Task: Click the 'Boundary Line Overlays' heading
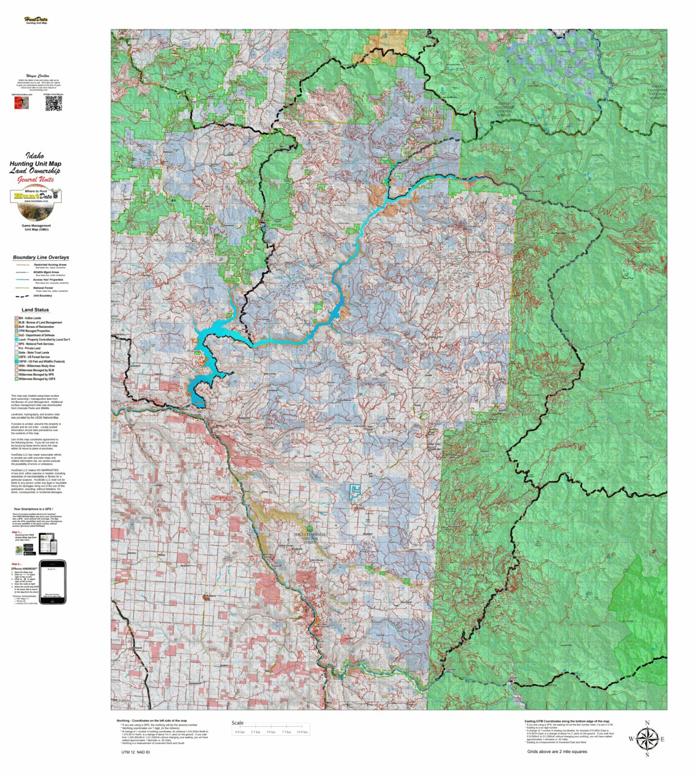click(41, 257)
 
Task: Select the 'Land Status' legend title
click(35, 310)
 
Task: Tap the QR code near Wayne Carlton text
click(53, 104)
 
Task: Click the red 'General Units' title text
click(36, 180)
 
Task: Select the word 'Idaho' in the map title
click(34, 156)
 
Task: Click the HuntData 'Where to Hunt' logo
click(36, 203)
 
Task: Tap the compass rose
click(646, 738)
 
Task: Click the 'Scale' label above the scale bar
click(237, 723)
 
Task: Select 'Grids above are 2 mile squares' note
click(556, 751)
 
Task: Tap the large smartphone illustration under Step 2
click(52, 575)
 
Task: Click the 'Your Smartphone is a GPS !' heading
click(37, 509)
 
